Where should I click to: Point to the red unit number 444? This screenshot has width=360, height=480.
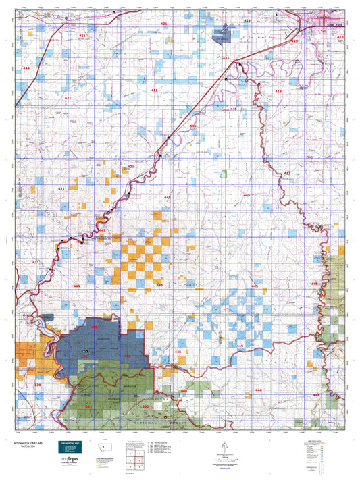(x=26, y=69)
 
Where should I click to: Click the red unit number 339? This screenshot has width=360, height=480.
(x=37, y=385)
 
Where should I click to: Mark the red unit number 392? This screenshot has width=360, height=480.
(x=145, y=406)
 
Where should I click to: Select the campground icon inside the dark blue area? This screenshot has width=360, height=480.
(x=84, y=352)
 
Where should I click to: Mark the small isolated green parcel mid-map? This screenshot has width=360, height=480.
(x=224, y=174)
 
